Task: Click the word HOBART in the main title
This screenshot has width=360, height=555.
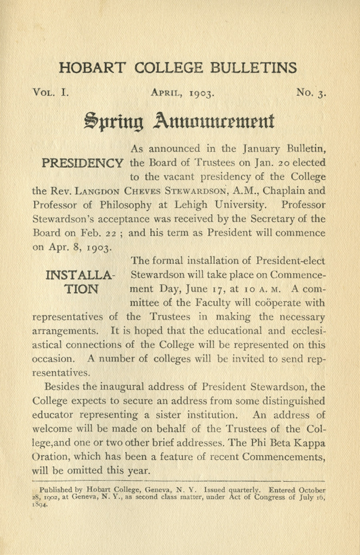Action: (92, 68)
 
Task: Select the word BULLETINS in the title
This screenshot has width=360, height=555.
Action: (254, 68)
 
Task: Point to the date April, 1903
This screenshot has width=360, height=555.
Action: (183, 93)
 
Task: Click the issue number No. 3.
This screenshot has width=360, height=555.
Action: (311, 93)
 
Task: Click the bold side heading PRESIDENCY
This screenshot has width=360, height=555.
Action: (82, 163)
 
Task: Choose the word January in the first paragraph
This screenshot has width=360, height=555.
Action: (262, 149)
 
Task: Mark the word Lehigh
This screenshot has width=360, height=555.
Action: (191, 205)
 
